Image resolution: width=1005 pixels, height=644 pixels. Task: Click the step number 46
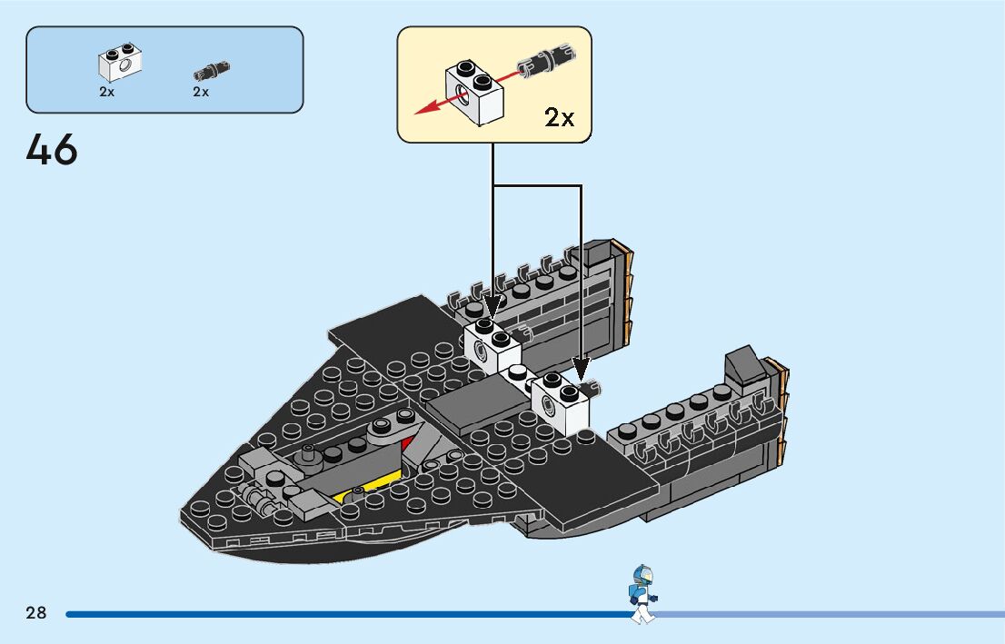click(x=53, y=150)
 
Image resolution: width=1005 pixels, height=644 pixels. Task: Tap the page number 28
click(x=36, y=613)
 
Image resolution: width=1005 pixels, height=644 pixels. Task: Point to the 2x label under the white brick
click(x=107, y=92)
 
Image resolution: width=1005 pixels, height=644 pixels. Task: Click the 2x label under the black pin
click(x=201, y=92)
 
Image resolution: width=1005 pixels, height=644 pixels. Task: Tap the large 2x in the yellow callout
click(x=559, y=117)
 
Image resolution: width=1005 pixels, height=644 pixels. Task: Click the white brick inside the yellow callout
click(x=474, y=92)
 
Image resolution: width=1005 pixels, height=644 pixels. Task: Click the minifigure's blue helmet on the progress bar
click(x=643, y=575)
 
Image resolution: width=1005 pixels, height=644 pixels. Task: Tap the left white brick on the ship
click(x=491, y=346)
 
